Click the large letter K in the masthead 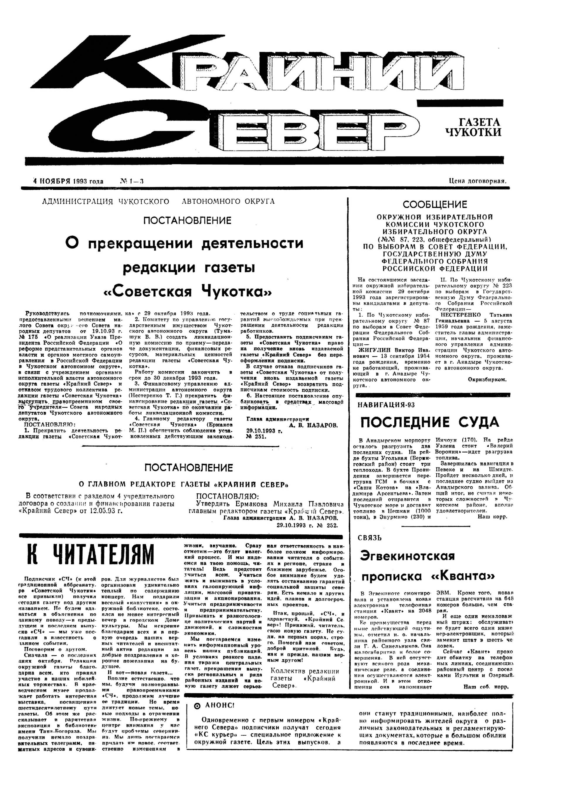tap(114, 63)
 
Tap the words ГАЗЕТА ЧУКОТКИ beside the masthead tap(474, 127)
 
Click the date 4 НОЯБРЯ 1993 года tap(68, 181)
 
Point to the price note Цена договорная tap(478, 180)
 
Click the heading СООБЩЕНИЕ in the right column tap(435, 204)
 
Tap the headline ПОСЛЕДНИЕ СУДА tap(430, 423)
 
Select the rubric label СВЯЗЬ tap(370, 538)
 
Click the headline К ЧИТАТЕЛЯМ tap(90, 555)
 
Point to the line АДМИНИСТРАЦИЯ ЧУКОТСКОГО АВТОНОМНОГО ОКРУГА tap(158, 201)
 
